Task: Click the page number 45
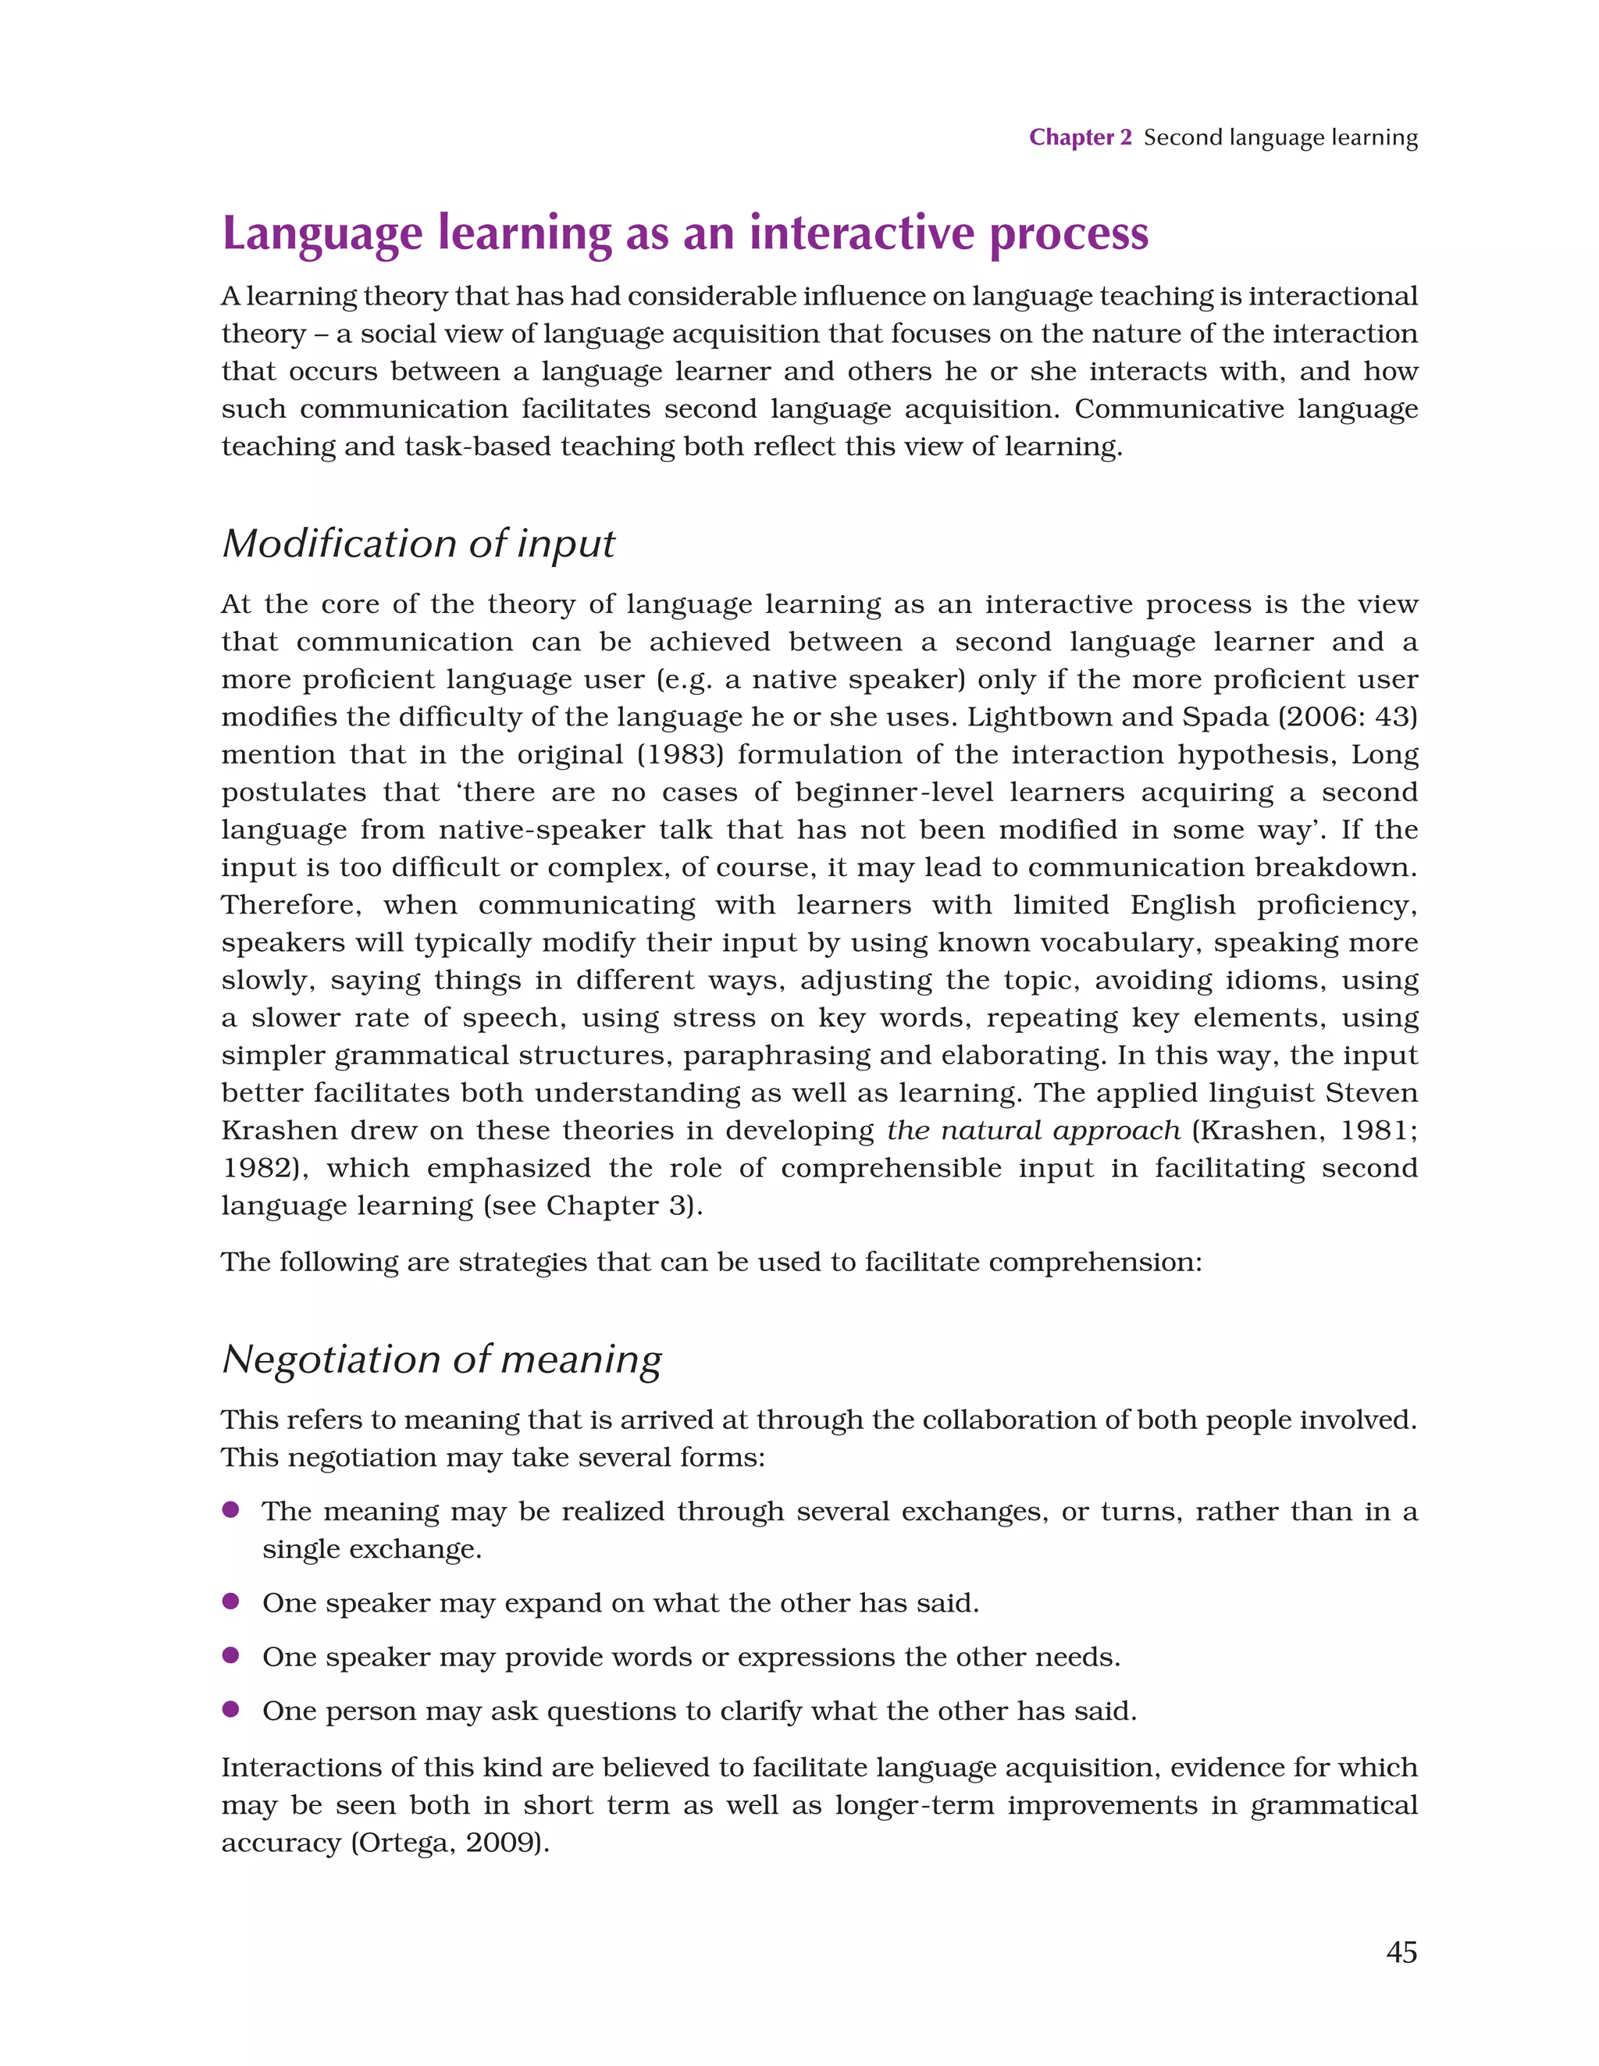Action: pyautogui.click(x=1401, y=1951)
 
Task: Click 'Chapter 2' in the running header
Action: pyautogui.click(x=1080, y=138)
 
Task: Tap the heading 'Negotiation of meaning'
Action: pyautogui.click(x=441, y=1359)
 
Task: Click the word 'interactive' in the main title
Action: pyautogui.click(x=861, y=233)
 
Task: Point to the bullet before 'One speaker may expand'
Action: pyautogui.click(x=230, y=1601)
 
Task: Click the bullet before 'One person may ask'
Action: pyautogui.click(x=230, y=1708)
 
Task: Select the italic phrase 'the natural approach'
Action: pyautogui.click(x=1033, y=1131)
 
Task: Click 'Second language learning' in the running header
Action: pyautogui.click(x=1280, y=138)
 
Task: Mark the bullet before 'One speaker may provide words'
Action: pyautogui.click(x=230, y=1655)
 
